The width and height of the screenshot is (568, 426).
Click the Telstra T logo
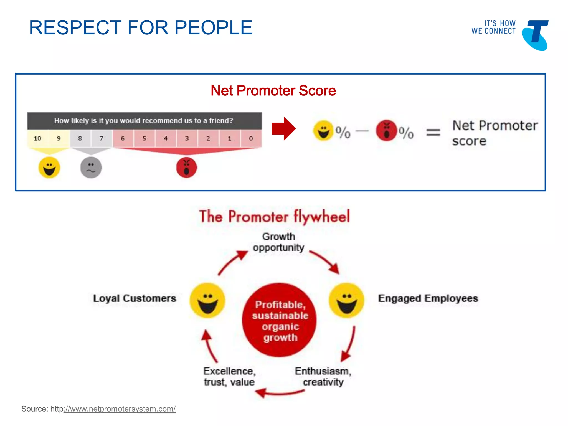[x=536, y=35]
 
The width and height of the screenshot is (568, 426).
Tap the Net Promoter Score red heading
[x=273, y=91]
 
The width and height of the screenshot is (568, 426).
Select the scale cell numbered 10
[x=37, y=138]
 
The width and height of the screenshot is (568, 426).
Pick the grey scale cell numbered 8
[x=80, y=138]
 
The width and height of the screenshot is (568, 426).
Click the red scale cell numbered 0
[x=251, y=138]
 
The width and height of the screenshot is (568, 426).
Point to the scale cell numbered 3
[x=187, y=138]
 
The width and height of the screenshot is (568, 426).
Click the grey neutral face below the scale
[x=91, y=168]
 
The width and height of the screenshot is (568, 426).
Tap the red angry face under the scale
[x=187, y=168]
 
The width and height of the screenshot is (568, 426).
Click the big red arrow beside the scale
[x=283, y=129]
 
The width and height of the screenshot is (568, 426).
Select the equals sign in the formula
[x=433, y=132]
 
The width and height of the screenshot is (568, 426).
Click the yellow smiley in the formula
[x=323, y=130]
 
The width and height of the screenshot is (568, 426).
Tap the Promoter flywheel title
[x=274, y=217]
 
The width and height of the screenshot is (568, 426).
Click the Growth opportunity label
[x=278, y=242]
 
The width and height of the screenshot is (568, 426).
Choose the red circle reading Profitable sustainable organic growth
[x=280, y=320]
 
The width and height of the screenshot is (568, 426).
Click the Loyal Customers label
[x=135, y=298]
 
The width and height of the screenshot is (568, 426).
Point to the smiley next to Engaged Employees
[x=346, y=300]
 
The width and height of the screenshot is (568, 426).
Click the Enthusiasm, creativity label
[x=323, y=377]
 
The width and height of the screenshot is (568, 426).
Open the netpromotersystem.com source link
[x=120, y=409]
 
